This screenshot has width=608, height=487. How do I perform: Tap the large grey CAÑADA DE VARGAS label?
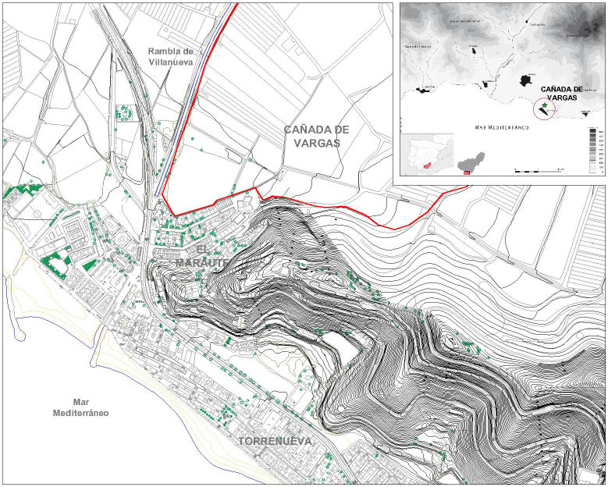[x=316, y=137]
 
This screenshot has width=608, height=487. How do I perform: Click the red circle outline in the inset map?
[x=546, y=109]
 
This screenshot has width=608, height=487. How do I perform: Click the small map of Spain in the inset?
[x=426, y=156]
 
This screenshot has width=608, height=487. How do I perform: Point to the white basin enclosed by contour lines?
[x=337, y=343]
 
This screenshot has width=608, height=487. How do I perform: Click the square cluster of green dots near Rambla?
[x=123, y=113]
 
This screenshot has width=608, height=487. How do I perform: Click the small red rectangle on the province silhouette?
[x=467, y=172]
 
